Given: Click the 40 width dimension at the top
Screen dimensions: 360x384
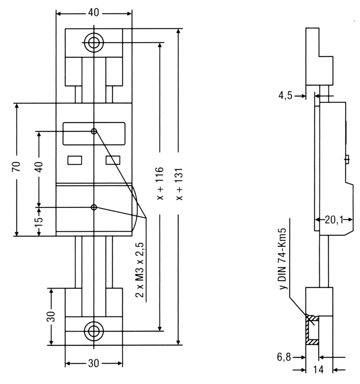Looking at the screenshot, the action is click(x=94, y=13).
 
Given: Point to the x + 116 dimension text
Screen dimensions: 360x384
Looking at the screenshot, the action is click(x=160, y=184).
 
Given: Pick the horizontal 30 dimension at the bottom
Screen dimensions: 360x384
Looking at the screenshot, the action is click(x=94, y=364).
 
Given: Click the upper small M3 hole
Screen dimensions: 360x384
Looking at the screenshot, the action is click(x=94, y=131).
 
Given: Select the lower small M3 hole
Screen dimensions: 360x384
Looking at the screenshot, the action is click(x=94, y=207).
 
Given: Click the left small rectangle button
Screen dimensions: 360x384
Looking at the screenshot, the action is click(x=75, y=160).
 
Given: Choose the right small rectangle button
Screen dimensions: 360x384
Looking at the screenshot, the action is click(x=113, y=160).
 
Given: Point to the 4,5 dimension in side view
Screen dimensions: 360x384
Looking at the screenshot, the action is click(x=285, y=95).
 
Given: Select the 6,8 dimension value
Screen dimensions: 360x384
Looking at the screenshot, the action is click(x=284, y=357).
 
